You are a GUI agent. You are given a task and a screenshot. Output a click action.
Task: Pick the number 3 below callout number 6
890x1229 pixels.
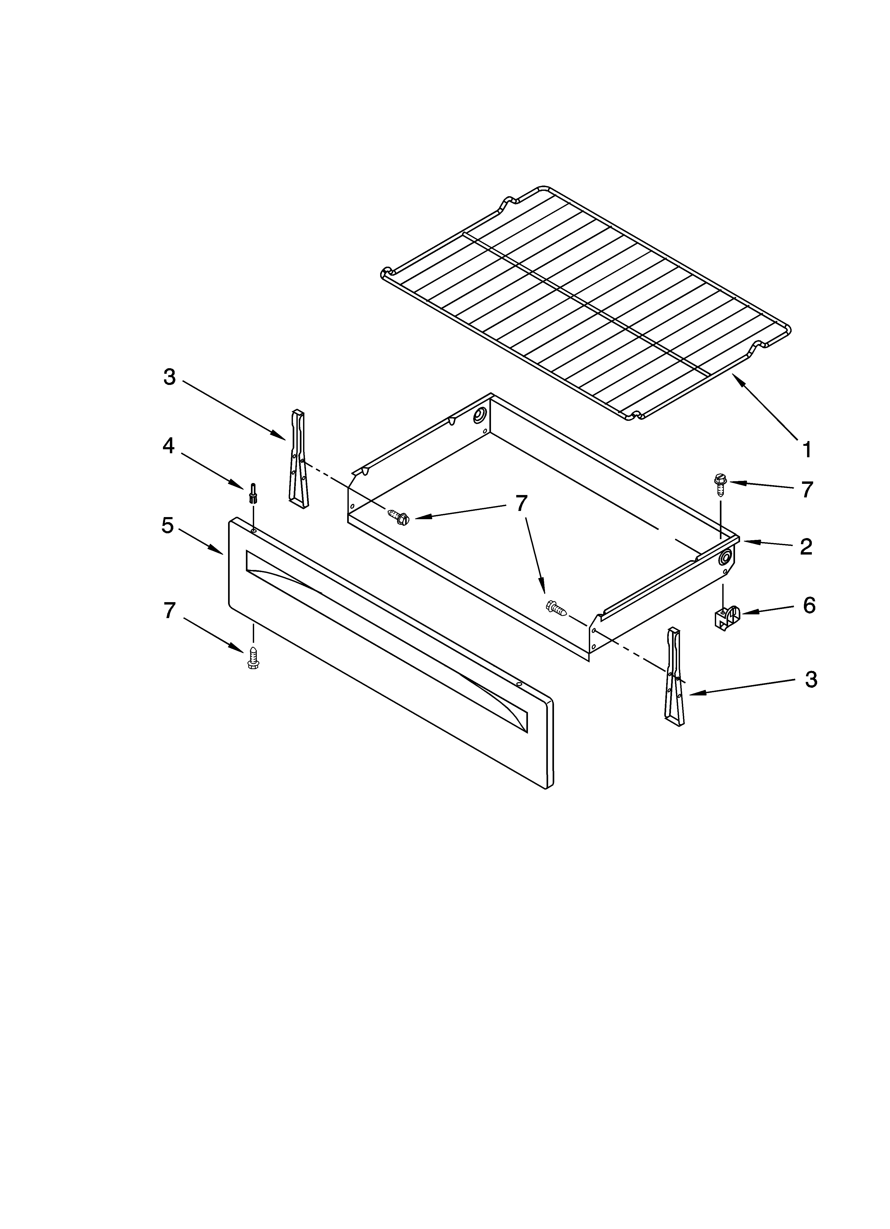tap(810, 679)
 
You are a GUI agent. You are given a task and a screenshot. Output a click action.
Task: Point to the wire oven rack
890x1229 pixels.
tap(585, 303)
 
